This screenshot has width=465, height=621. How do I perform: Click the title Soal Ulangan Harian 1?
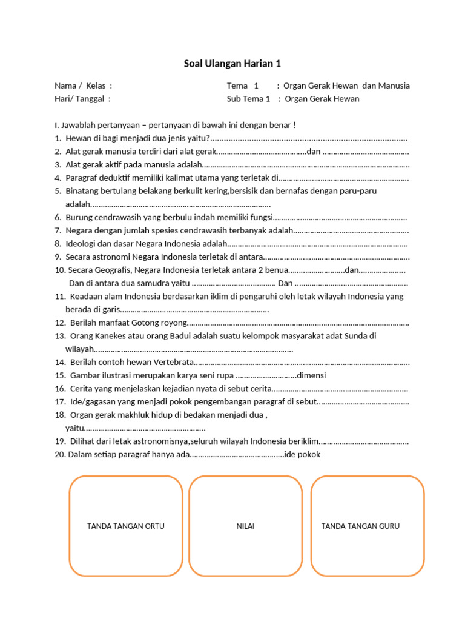pos(232,64)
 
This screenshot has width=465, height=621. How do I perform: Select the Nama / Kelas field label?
pos(83,86)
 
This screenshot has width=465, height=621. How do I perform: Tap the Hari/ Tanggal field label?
pos(83,99)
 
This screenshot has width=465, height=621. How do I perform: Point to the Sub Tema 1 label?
pos(248,99)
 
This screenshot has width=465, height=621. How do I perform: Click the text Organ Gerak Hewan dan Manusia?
pos(346,86)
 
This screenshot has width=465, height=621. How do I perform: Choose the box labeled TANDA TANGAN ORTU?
pos(126,526)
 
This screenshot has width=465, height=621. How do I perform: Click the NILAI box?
pos(245,526)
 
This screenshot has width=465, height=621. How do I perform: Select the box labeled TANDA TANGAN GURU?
pos(360,526)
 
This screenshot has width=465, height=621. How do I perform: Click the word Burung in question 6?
pos(79,217)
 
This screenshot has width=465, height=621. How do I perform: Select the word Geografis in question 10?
pos(111,270)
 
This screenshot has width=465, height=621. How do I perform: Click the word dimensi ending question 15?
pos(312,375)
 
